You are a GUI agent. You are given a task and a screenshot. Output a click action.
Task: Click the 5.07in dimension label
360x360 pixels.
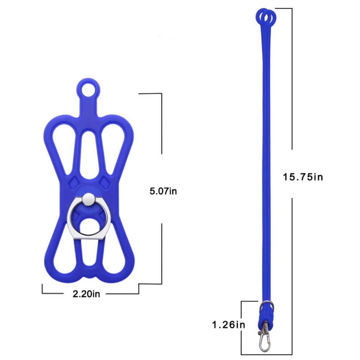(163, 191)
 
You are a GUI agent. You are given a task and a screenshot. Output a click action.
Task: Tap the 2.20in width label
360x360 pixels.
(86, 294)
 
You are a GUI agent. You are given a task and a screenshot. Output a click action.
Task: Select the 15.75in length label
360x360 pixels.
(303, 177)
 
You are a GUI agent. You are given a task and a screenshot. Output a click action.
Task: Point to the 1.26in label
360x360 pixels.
(229, 325)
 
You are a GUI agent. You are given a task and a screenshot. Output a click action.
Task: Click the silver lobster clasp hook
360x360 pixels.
(265, 340)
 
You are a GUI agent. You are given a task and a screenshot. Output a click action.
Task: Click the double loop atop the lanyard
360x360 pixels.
(266, 17)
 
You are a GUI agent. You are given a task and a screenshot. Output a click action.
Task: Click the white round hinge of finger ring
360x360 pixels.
(89, 199)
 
